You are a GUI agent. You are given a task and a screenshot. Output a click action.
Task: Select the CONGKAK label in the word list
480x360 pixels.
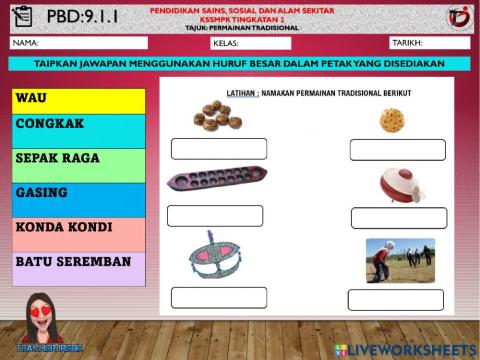49,125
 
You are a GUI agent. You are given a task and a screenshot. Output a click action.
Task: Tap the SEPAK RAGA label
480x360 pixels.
58,158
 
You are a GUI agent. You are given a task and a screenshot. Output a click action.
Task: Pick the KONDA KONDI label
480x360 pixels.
64,226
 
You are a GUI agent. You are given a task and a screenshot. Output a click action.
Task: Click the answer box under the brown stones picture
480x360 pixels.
218,149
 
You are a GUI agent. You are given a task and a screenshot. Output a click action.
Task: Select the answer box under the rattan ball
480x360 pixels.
396,150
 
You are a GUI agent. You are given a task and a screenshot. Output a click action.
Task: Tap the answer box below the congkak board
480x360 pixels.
214,216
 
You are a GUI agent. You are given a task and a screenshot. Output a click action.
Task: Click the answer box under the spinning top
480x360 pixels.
398,218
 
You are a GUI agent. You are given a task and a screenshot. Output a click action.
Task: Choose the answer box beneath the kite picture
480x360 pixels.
218,297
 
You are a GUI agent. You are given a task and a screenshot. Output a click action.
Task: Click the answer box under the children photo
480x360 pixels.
395,299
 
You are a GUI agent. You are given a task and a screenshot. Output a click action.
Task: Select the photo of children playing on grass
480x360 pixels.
400,258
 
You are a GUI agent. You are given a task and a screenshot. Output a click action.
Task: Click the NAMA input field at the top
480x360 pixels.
95,43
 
